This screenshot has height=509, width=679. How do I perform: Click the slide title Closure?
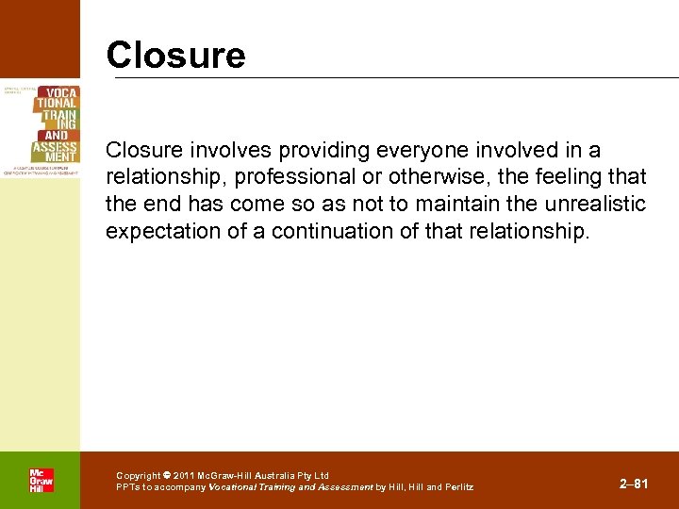(x=175, y=55)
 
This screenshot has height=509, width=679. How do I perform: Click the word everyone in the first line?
(x=411, y=150)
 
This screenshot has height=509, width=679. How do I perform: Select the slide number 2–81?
(x=634, y=484)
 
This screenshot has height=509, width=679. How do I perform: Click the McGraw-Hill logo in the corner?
(x=41, y=480)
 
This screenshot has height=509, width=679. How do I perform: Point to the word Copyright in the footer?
(x=139, y=476)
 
